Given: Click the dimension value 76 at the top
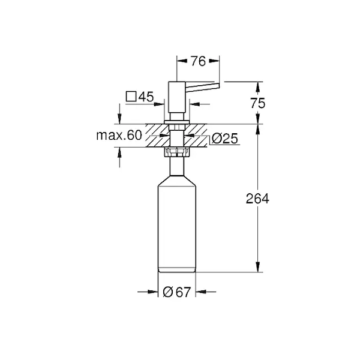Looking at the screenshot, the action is pos(199,61).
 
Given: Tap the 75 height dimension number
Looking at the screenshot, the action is pos(257,103).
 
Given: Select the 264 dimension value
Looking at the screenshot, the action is pos(257,199).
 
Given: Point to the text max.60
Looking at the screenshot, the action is pos(119,135).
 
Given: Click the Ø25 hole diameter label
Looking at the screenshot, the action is pos(225,139).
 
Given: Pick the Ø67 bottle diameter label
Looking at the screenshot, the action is pos(177,292).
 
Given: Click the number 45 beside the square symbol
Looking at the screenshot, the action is pos(146,97).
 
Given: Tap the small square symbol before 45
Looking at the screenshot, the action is pos(131,97).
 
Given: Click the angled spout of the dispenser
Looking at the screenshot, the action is pos(202,88).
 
